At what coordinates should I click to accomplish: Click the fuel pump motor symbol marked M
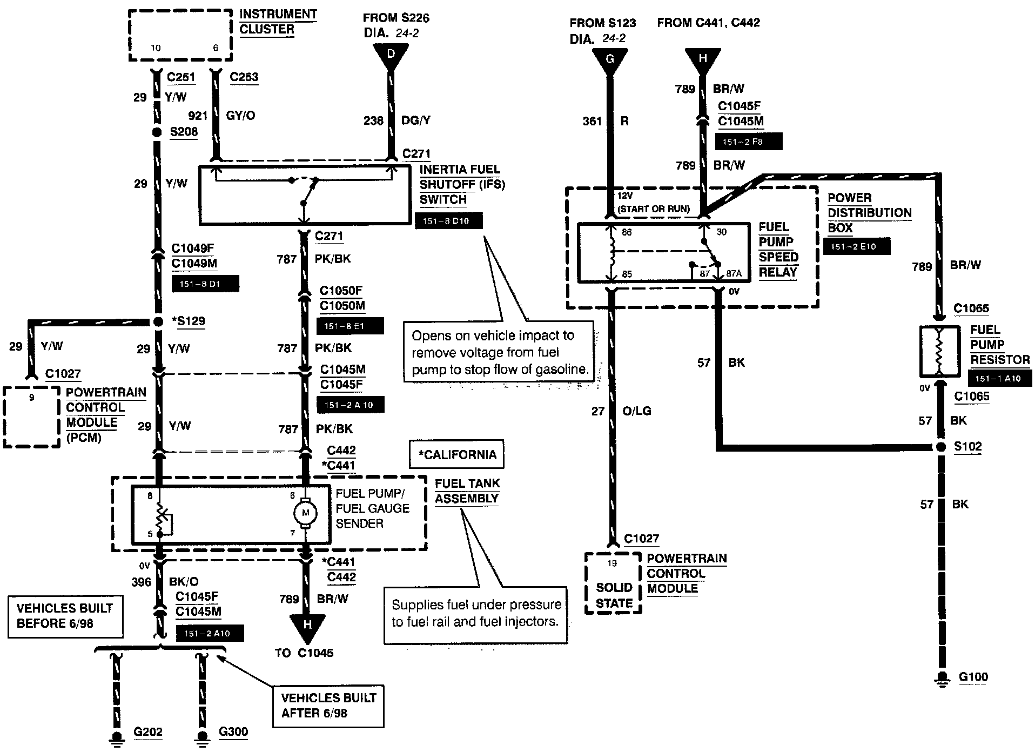pyautogui.click(x=305, y=512)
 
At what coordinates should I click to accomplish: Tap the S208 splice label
pyautogui.click(x=184, y=132)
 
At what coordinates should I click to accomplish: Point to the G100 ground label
pyautogui.click(x=973, y=677)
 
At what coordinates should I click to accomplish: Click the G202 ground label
pyautogui.click(x=148, y=732)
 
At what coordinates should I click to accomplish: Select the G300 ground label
pyautogui.click(x=233, y=732)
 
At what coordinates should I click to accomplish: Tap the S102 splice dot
pyautogui.click(x=940, y=447)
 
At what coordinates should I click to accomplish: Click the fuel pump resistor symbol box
pyautogui.click(x=940, y=352)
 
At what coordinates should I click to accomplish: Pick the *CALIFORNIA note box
pyautogui.click(x=456, y=454)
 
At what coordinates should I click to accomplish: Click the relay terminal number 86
pyautogui.click(x=627, y=232)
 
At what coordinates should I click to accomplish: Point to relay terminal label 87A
pyautogui.click(x=734, y=274)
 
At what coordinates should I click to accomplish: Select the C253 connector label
pyautogui.click(x=244, y=77)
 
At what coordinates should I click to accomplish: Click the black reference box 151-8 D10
pyautogui.click(x=448, y=220)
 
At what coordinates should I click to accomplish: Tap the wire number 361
pyautogui.click(x=592, y=122)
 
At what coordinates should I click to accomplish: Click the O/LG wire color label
pyautogui.click(x=637, y=411)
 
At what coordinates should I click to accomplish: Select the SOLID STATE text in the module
pyautogui.click(x=614, y=595)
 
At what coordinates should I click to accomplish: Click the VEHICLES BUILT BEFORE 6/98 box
pyautogui.click(x=65, y=616)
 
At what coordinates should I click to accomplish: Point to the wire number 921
pyautogui.click(x=198, y=116)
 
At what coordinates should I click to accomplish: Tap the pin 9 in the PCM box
pyautogui.click(x=32, y=398)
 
